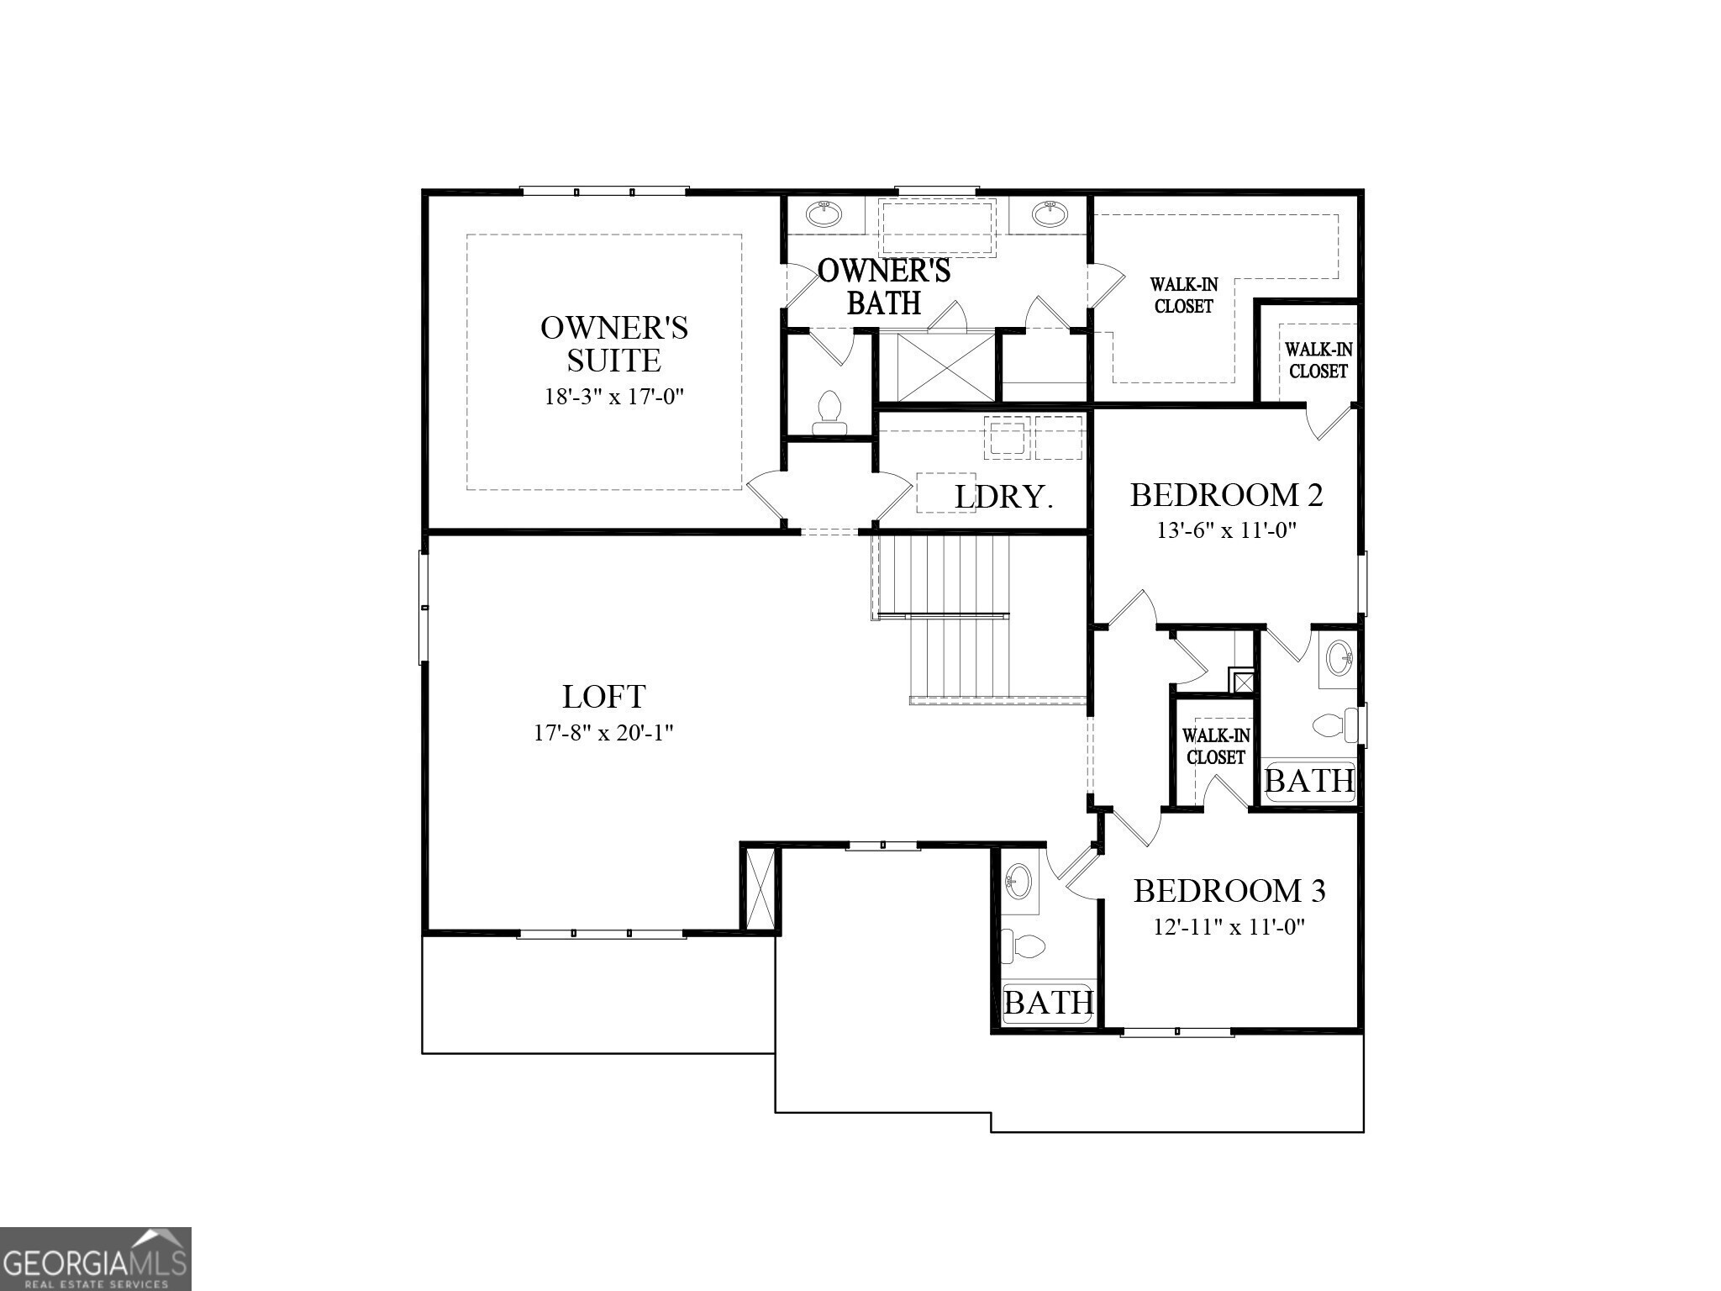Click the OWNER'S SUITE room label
[614, 344]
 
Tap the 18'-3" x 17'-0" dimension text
[614, 397]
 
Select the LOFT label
[603, 697]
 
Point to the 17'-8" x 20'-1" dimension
[603, 734]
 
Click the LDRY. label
[1003, 498]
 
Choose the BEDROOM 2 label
[1226, 495]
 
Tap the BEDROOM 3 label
[1229, 891]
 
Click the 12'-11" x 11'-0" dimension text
[1229, 928]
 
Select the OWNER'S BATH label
[884, 287]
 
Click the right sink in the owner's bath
[1049, 213]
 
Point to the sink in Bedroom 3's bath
[1019, 882]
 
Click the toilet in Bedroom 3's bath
[1025, 947]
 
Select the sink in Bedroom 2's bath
[1339, 658]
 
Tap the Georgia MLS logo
[95, 1259]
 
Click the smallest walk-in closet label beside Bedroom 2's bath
[1215, 746]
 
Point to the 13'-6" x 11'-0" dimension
[1226, 531]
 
